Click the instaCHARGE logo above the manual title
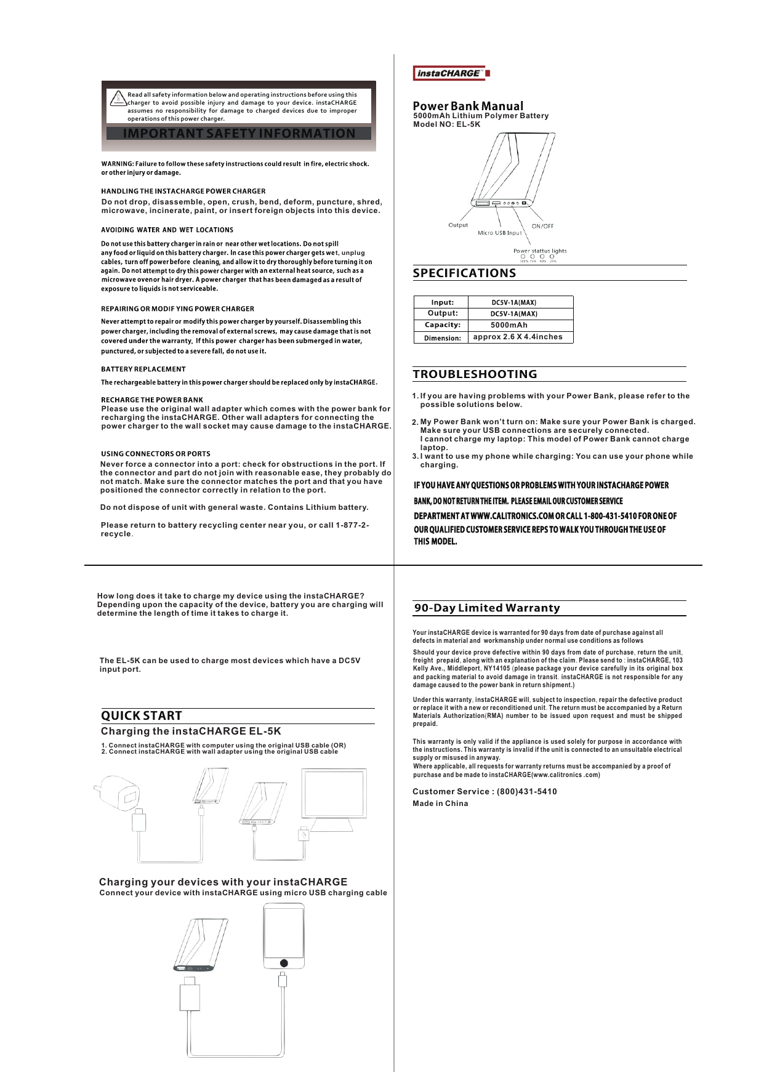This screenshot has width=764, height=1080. tap(451, 73)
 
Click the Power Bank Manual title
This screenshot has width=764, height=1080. tap(468, 106)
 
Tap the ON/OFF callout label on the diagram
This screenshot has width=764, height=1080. tap(542, 226)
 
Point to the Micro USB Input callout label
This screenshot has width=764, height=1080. tap(499, 233)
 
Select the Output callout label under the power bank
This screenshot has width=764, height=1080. tap(458, 225)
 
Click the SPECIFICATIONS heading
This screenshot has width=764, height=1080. tap(464, 273)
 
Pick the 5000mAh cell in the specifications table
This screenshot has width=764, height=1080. tap(509, 325)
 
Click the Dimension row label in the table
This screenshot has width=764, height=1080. tap(442, 338)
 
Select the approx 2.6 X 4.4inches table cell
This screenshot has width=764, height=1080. tap(518, 337)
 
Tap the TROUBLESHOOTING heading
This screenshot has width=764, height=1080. tap(475, 374)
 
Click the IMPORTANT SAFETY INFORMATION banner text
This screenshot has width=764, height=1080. tap(239, 134)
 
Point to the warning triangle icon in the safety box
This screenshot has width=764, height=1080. tap(118, 99)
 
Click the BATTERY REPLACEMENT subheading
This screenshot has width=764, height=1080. tap(143, 369)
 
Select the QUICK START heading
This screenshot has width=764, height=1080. tap(142, 715)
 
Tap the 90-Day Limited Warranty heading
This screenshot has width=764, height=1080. tap(487, 608)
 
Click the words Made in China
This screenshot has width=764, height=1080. tap(440, 804)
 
